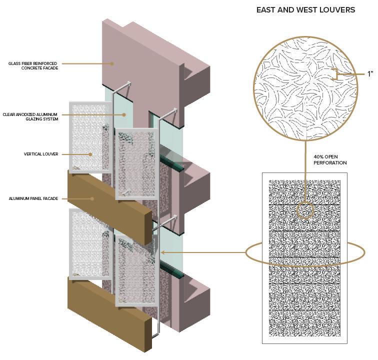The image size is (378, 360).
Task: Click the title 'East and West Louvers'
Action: coord(305,10)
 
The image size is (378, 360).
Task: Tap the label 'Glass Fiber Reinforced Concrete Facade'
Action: coord(33,65)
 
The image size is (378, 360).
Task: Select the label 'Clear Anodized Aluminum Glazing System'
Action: coord(30,116)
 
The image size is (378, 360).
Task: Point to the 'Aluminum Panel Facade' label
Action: coord(33,198)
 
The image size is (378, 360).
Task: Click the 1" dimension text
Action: coord(370,74)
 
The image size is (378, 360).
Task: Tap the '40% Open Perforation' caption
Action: coord(329,159)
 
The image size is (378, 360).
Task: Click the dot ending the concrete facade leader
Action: coord(112,63)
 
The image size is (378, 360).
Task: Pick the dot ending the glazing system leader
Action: coord(124,114)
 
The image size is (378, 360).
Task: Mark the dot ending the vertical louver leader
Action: coord(90,154)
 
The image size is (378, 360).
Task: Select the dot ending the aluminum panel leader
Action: coord(93,198)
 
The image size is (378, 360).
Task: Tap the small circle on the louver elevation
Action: coord(304,210)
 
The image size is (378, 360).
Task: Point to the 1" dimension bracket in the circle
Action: coord(338,74)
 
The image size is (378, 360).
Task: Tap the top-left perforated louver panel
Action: coord(90,136)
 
